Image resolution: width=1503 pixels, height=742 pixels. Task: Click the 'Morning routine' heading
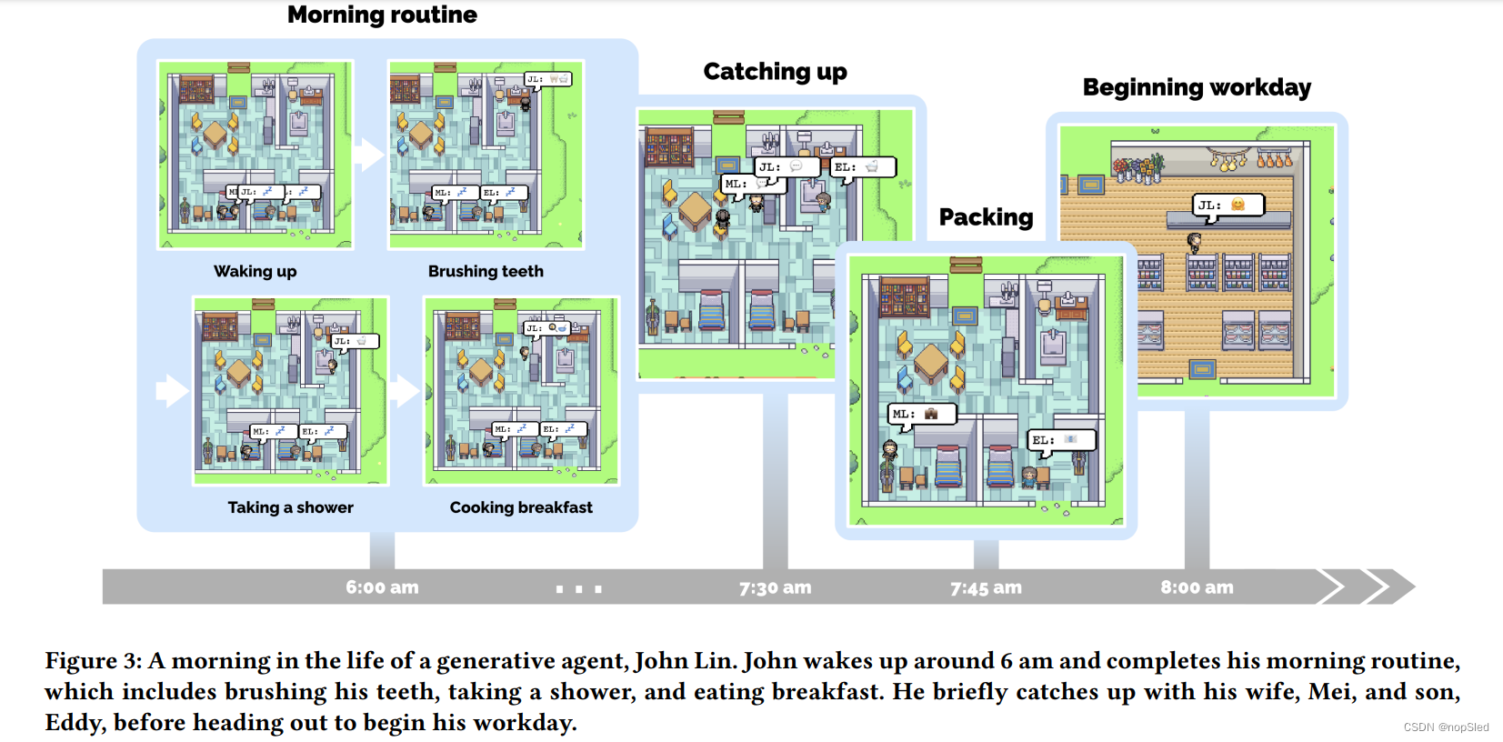click(382, 15)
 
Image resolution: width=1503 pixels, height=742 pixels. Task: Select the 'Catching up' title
click(775, 72)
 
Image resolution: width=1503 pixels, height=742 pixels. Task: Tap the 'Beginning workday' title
click(1197, 87)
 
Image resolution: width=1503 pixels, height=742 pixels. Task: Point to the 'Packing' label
click(986, 217)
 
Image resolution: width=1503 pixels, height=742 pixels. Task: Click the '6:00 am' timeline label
click(382, 587)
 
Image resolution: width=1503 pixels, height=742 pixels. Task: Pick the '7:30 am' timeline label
click(775, 587)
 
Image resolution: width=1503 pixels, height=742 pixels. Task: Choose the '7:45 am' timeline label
click(986, 587)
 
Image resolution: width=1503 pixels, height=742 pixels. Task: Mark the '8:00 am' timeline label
click(1197, 587)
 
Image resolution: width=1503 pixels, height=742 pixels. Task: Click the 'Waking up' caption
click(255, 271)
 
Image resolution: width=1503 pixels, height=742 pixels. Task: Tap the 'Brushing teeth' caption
click(486, 271)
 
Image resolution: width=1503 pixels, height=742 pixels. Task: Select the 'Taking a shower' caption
click(290, 507)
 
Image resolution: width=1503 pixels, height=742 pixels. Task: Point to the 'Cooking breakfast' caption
click(521, 507)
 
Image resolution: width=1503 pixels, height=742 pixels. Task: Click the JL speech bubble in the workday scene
click(1227, 206)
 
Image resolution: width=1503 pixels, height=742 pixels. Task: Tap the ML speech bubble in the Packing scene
click(921, 415)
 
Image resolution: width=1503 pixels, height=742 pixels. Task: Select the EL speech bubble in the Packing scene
click(1061, 440)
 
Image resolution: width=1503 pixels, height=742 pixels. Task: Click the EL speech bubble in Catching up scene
click(862, 167)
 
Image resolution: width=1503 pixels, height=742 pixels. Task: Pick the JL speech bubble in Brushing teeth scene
click(548, 79)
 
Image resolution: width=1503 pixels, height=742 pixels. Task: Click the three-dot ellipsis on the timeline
click(578, 589)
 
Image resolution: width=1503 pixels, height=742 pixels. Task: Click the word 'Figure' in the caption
click(80, 661)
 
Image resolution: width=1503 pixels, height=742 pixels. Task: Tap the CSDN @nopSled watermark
click(1446, 727)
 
